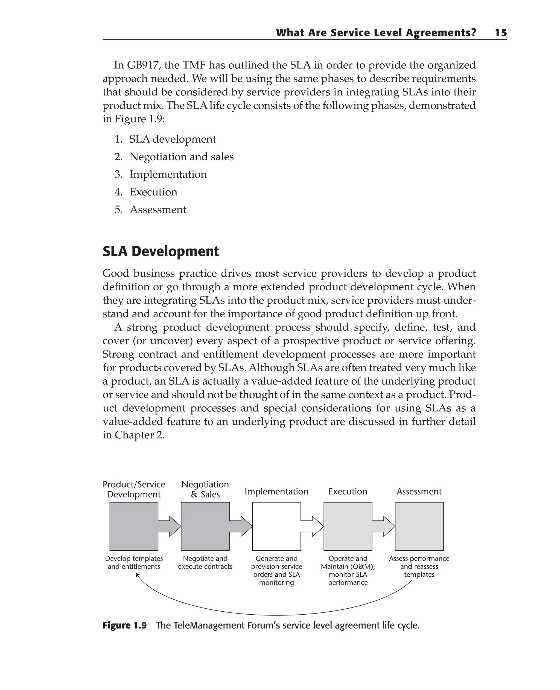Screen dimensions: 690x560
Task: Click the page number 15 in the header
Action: point(501,33)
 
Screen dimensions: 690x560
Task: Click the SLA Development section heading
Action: point(161,251)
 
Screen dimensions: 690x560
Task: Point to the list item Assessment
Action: point(158,210)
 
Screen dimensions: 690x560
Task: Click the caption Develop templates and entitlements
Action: point(134,562)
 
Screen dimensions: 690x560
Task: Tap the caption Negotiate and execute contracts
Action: point(205,562)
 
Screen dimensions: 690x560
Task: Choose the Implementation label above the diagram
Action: point(276,491)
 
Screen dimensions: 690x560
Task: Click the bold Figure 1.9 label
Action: point(124,626)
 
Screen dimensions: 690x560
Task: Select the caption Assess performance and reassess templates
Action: point(419,566)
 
